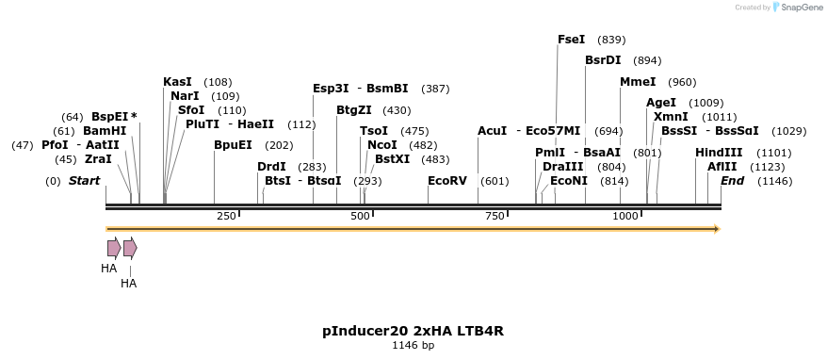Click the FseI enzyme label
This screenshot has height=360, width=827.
tap(571, 40)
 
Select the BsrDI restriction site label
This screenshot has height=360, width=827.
tap(603, 60)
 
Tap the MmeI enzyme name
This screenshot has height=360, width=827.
tap(638, 82)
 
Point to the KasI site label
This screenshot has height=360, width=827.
tap(177, 82)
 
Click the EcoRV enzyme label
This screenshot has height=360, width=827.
tap(446, 181)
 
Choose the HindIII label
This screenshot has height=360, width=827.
tap(719, 153)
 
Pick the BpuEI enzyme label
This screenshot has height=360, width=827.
tap(233, 145)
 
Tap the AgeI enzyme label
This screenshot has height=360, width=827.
tap(660, 103)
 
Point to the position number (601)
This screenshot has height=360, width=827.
tap(495, 181)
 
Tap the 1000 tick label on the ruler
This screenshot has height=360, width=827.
tap(626, 217)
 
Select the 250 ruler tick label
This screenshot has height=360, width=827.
tap(226, 217)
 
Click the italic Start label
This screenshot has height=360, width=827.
tap(84, 181)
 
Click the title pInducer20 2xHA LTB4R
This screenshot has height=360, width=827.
tap(413, 331)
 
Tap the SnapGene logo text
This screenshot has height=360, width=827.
tap(799, 8)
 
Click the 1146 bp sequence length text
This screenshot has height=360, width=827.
tap(413, 346)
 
